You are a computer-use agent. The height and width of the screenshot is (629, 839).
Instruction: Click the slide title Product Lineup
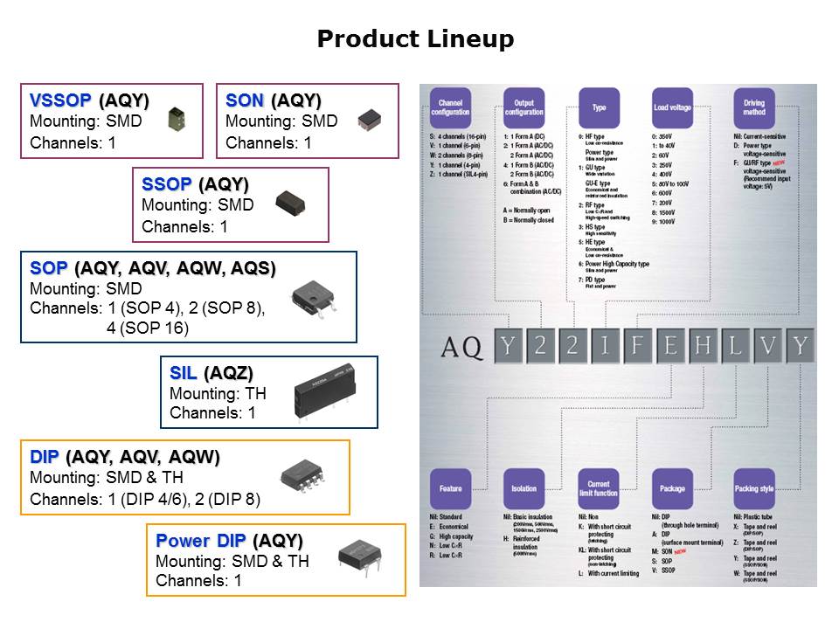tap(415, 39)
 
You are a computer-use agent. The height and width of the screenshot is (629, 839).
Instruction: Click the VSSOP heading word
tap(61, 100)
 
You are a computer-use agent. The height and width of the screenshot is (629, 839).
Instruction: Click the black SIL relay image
tap(324, 392)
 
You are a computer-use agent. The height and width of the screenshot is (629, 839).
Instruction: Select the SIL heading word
tap(184, 373)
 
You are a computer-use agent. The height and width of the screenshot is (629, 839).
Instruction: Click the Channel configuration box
tap(450, 107)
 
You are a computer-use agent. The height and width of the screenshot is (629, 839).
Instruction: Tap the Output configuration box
tap(524, 107)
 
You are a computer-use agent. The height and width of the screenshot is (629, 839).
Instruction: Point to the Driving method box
tap(753, 107)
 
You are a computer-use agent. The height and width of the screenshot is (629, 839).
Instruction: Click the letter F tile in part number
tap(637, 347)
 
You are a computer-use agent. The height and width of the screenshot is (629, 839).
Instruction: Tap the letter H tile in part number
tap(702, 347)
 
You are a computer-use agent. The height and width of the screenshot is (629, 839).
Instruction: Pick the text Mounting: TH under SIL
tap(218, 394)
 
